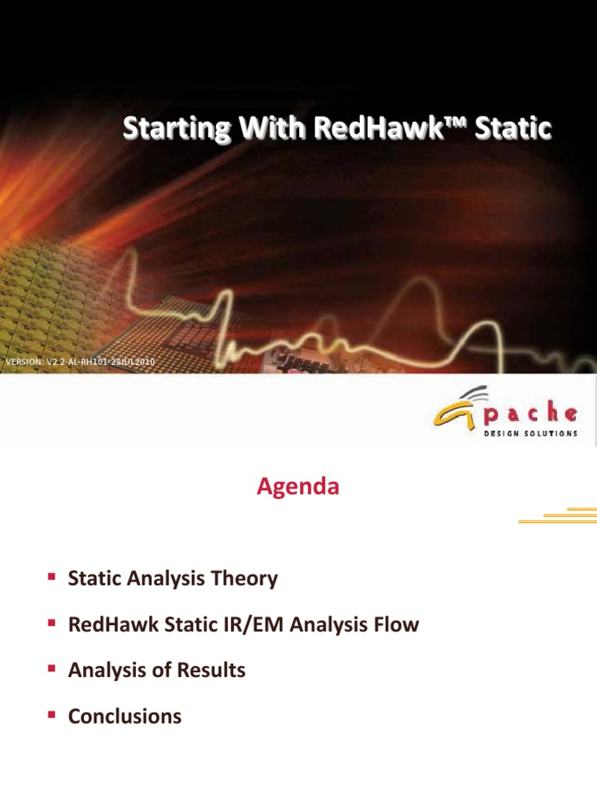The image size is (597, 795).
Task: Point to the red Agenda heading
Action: pyautogui.click(x=298, y=488)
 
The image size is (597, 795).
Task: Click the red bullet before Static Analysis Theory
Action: pyautogui.click(x=51, y=577)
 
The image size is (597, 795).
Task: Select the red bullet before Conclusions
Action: pyautogui.click(x=51, y=714)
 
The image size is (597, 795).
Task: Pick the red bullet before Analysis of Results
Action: pyautogui.click(x=51, y=668)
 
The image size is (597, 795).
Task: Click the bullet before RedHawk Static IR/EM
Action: pyautogui.click(x=51, y=623)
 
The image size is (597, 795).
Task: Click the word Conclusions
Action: pyautogui.click(x=125, y=717)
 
